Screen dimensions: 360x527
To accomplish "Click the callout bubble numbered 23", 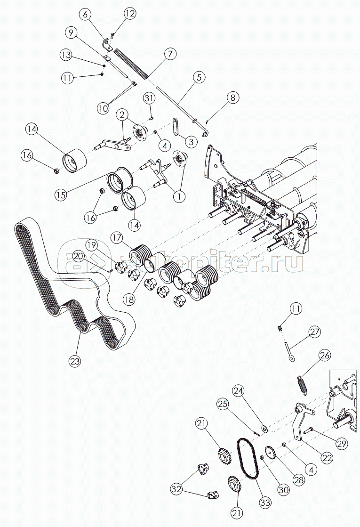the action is [x=74, y=361].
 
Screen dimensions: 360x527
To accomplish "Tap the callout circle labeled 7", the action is [x=170, y=54].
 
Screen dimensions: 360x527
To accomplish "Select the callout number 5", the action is [x=199, y=77].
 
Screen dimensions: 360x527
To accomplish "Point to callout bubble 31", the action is [x=150, y=98].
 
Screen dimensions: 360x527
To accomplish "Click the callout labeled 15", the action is [x=61, y=195].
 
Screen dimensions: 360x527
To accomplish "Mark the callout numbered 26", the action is [x=325, y=355].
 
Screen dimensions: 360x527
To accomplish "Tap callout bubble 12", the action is [x=129, y=14].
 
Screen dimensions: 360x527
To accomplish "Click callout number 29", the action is [x=341, y=444].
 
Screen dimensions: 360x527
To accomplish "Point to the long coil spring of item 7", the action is [x=131, y=64].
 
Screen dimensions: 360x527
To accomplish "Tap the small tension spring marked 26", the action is [x=303, y=384].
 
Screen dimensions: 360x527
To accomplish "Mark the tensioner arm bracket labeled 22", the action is [x=300, y=420].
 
